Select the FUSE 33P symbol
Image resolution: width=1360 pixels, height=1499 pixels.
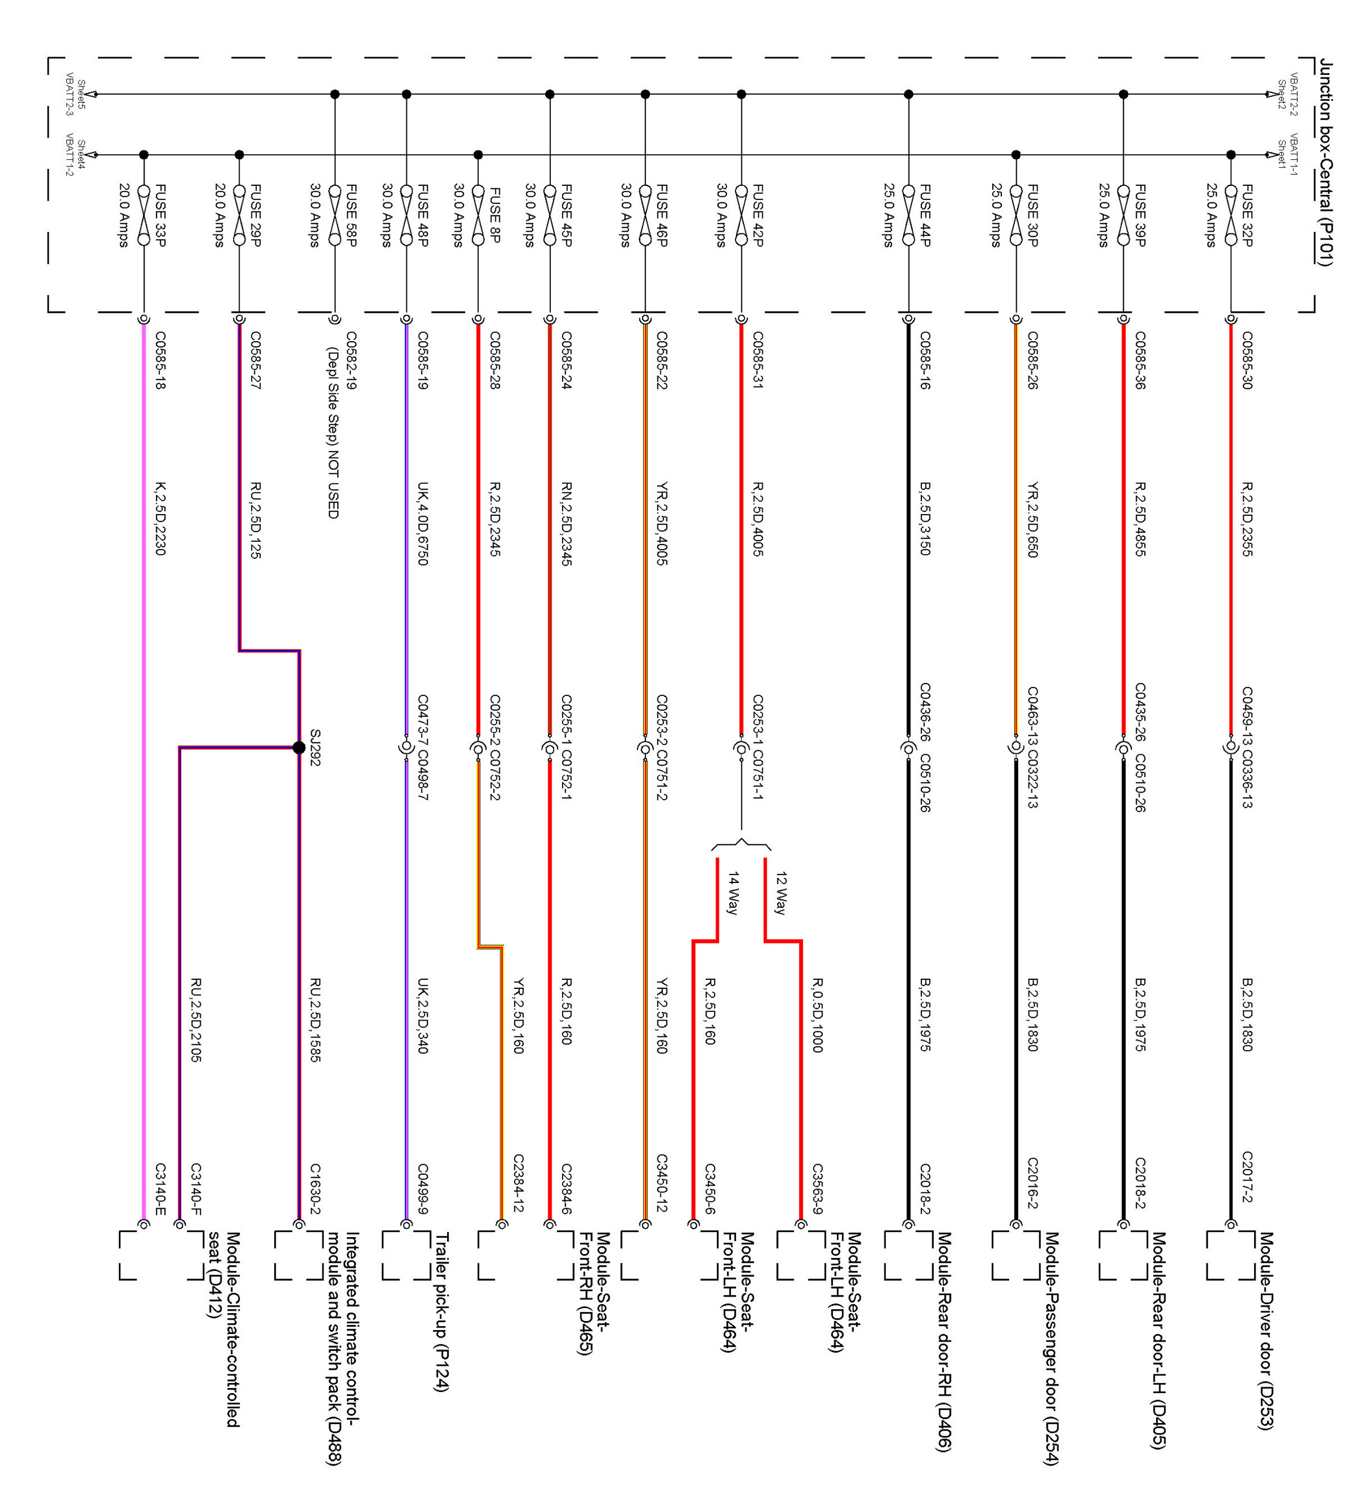(x=143, y=215)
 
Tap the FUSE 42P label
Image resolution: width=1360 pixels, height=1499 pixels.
(x=758, y=215)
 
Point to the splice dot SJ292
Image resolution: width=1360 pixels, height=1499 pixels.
(x=299, y=748)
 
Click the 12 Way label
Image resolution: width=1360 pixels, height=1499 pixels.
(x=780, y=893)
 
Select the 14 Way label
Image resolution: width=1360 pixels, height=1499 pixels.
(x=733, y=893)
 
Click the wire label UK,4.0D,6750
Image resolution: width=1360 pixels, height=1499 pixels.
(x=422, y=524)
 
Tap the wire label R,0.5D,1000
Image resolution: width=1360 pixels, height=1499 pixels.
(x=817, y=1015)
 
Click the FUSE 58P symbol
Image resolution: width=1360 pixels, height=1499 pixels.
(x=334, y=215)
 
